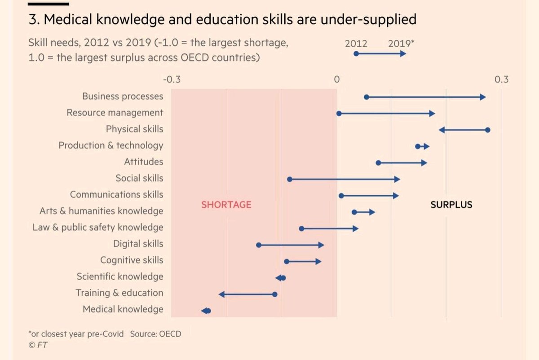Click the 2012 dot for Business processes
click(x=367, y=97)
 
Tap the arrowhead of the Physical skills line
click(x=442, y=130)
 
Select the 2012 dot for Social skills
click(x=290, y=179)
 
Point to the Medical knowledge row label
click(x=123, y=309)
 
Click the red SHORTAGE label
click(x=226, y=205)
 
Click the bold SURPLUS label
click(x=451, y=205)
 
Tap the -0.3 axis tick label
click(x=171, y=80)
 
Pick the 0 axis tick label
click(x=336, y=80)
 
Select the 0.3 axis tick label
click(x=501, y=80)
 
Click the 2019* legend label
click(x=401, y=44)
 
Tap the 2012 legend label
click(x=356, y=44)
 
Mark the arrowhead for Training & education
click(x=221, y=294)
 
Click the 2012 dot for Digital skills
click(x=259, y=245)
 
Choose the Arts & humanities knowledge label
click(x=102, y=211)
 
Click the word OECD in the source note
click(x=170, y=334)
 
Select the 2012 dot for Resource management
click(x=339, y=114)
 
